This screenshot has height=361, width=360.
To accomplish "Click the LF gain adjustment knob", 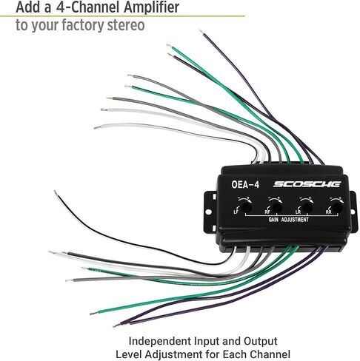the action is click(x=246, y=207).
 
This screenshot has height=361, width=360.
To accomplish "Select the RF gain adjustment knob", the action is click(x=276, y=207).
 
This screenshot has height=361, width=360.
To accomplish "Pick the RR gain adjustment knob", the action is click(x=337, y=207).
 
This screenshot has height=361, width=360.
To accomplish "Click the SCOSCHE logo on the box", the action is click(x=307, y=184).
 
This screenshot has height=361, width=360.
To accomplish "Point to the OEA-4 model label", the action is click(x=245, y=184).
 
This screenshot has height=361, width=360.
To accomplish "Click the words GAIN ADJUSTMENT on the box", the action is click(x=288, y=220).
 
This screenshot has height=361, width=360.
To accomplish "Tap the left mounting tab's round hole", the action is click(x=208, y=212).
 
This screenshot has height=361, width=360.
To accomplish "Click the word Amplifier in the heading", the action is click(x=151, y=7).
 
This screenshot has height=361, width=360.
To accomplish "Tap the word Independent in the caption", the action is click(x=160, y=342).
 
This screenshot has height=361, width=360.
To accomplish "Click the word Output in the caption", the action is click(x=261, y=341).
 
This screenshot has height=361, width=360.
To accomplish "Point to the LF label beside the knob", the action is click(x=236, y=212).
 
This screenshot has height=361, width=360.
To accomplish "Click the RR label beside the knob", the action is click(x=328, y=212).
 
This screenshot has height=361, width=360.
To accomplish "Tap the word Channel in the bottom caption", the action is click(x=270, y=355).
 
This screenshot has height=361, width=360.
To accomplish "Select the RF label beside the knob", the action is click(x=267, y=212).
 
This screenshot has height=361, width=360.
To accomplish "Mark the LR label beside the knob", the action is click(x=299, y=212).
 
